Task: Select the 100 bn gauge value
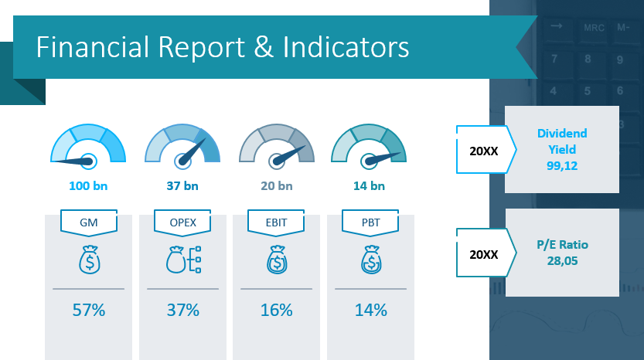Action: (x=88, y=185)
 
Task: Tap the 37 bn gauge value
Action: (x=182, y=185)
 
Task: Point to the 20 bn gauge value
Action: (x=276, y=185)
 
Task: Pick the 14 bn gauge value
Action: (x=368, y=185)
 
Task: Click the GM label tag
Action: (x=88, y=222)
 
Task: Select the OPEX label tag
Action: (x=182, y=222)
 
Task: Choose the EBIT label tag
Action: (x=276, y=222)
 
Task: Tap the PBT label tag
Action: (x=370, y=222)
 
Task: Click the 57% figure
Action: (x=88, y=311)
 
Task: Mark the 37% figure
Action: (x=182, y=311)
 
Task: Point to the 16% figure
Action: (x=276, y=311)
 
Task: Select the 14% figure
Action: (x=370, y=311)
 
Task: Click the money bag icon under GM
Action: (x=88, y=260)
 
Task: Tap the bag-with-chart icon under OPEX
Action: (x=182, y=260)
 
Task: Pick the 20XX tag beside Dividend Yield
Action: (x=483, y=149)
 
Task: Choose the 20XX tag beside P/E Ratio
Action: (x=483, y=253)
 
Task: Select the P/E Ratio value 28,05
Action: (x=562, y=259)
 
